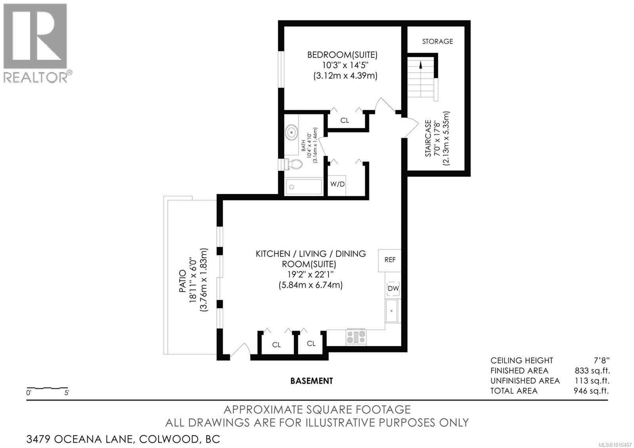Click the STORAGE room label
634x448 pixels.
coord(437,41)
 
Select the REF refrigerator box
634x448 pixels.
coord(390,260)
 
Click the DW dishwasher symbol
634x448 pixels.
coord(393,289)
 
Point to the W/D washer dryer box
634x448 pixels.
coord(338,185)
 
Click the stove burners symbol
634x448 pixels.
coord(356,337)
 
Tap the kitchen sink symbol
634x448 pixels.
coord(392,311)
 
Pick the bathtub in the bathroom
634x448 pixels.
coord(304,187)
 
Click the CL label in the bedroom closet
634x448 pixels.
coord(345,120)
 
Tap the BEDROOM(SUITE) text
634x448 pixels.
coord(342,55)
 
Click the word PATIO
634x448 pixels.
coord(183,281)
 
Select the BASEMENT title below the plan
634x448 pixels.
coord(311,381)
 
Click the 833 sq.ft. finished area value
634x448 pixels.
coord(592,371)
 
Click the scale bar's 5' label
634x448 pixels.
coord(66,393)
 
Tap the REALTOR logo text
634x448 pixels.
coord(36,77)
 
